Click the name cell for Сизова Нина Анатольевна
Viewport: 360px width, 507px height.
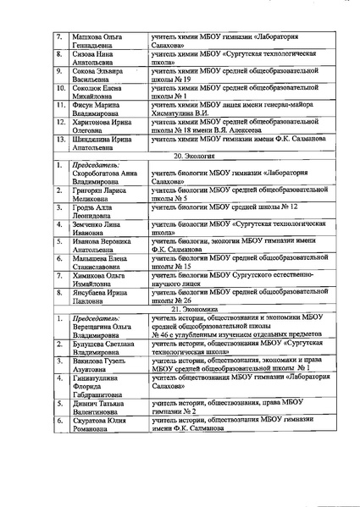point(98,59)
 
